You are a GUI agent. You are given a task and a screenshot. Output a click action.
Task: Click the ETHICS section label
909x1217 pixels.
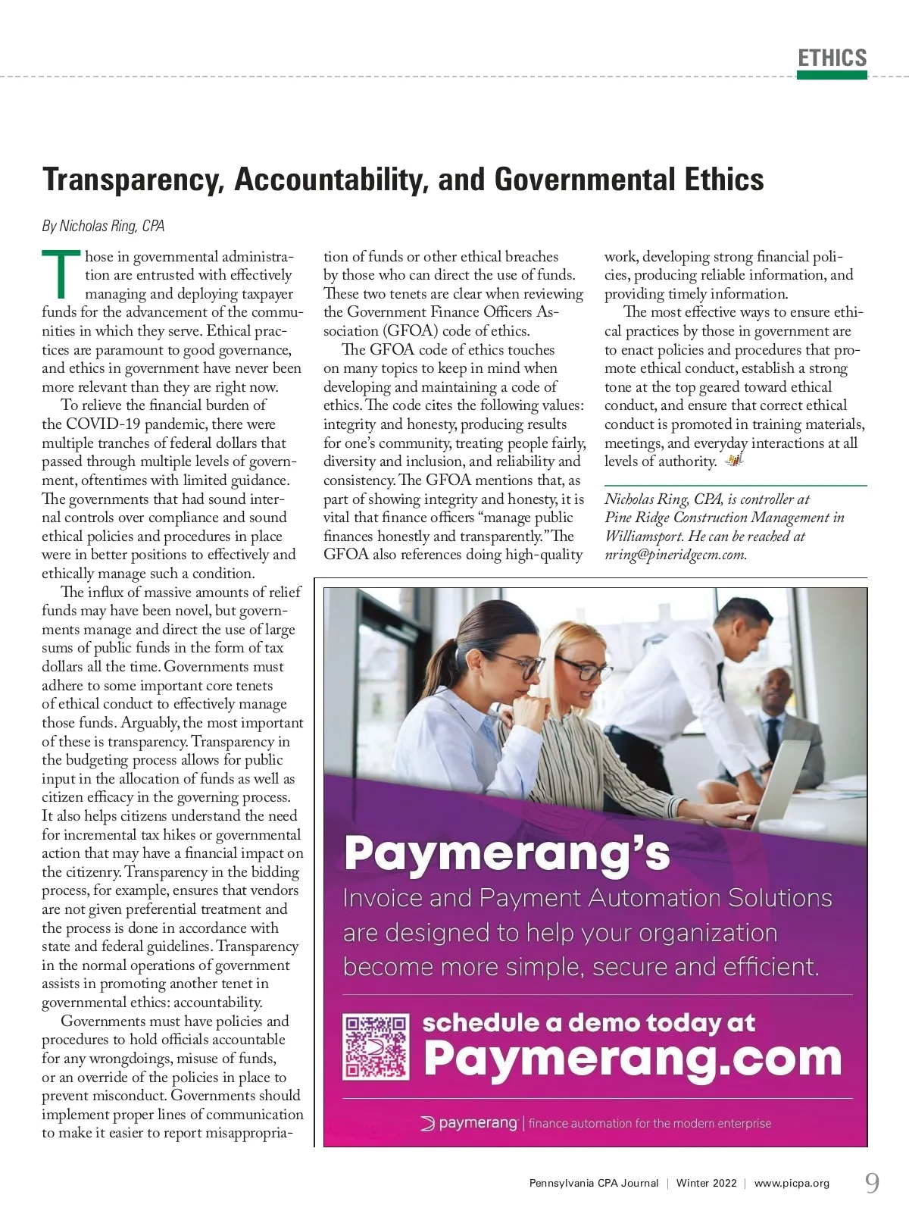point(832,58)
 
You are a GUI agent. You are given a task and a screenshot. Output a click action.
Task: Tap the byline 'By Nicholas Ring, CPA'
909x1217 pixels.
point(103,226)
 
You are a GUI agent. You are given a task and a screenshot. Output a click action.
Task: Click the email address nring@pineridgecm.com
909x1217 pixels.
point(676,555)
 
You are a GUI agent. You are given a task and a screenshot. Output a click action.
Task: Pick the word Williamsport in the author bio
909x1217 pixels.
point(642,537)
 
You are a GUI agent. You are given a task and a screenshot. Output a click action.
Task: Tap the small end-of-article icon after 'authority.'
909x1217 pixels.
point(733,461)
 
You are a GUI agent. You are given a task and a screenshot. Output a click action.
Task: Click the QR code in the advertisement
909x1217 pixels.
point(376,1047)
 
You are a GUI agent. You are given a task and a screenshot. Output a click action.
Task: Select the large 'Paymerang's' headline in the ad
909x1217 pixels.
point(507,853)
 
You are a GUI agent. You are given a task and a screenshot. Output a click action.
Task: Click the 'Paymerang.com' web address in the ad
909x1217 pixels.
point(633,1058)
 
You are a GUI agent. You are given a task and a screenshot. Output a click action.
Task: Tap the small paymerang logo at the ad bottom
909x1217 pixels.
point(470,1123)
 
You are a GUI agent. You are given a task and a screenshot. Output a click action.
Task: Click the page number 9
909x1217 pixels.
point(873,1183)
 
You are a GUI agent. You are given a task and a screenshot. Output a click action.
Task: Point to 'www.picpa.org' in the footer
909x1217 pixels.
point(792,1183)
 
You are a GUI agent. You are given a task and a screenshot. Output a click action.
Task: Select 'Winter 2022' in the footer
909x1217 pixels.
point(706,1183)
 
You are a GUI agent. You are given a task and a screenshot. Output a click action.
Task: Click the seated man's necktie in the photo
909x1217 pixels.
point(772,739)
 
